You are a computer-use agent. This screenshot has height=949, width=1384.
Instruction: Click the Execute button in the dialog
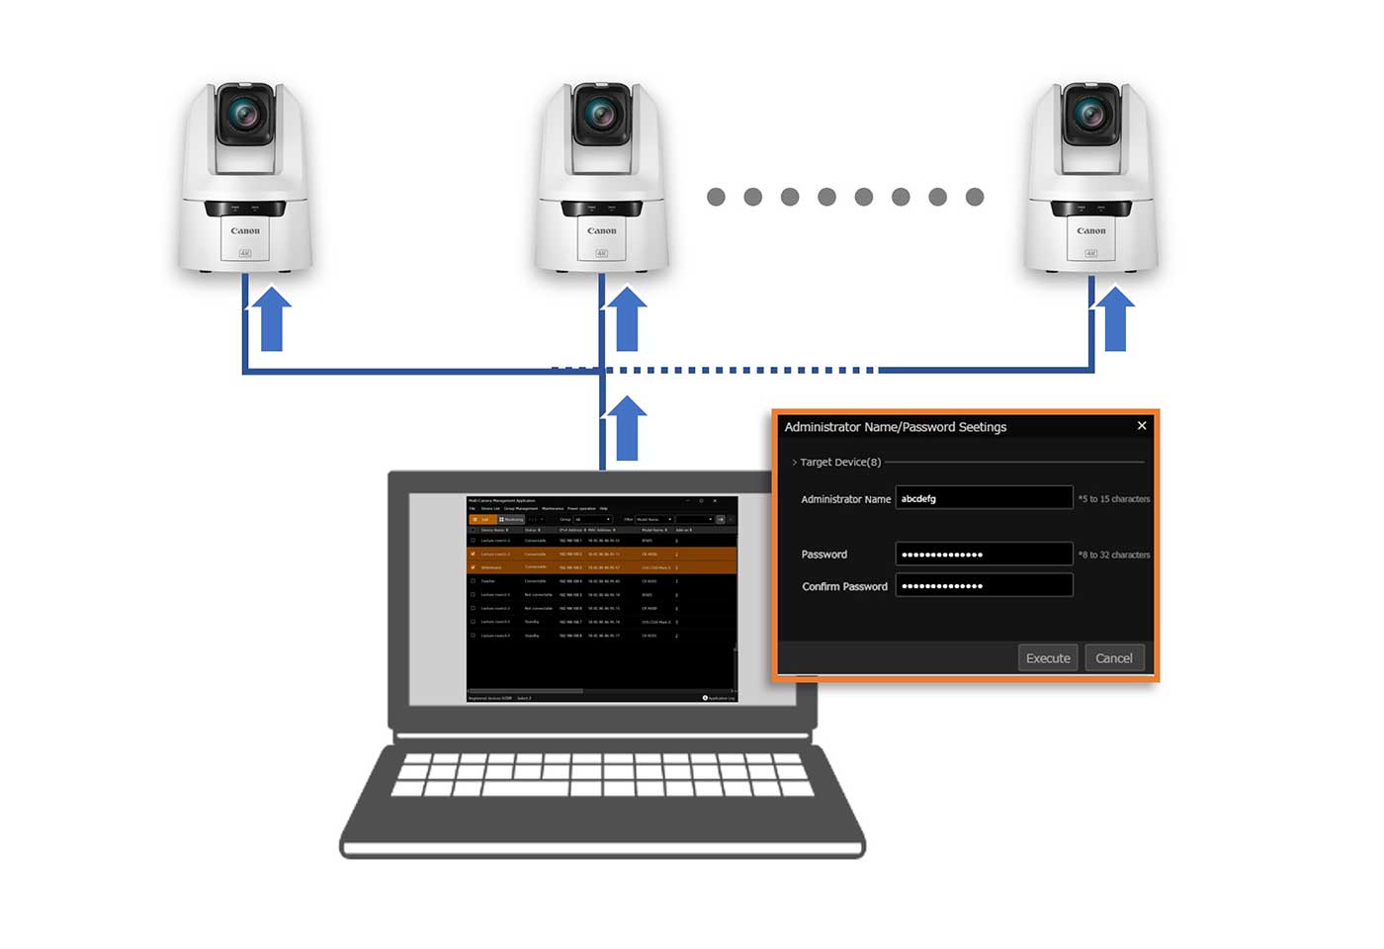[1048, 658]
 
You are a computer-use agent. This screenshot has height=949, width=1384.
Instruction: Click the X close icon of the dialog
[1142, 426]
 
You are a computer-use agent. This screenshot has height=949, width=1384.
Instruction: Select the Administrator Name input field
[984, 498]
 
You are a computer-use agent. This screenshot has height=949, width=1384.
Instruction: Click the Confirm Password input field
[984, 586]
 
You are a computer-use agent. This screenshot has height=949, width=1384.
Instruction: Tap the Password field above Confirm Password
[984, 555]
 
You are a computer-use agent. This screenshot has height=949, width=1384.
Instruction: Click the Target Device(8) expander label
[839, 463]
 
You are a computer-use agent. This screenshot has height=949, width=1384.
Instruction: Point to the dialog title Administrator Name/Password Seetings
[895, 427]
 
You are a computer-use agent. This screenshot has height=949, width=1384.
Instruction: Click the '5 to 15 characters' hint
[1114, 499]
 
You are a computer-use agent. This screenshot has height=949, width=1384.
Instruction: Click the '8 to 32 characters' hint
[1114, 556]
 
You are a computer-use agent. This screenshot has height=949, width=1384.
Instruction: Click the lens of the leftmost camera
[244, 115]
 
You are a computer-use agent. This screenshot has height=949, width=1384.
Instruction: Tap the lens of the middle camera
[601, 115]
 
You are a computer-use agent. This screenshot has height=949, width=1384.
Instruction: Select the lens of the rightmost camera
[1090, 115]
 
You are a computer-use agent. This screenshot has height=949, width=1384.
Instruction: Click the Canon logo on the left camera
[245, 231]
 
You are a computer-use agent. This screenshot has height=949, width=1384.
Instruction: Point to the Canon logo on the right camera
[1091, 231]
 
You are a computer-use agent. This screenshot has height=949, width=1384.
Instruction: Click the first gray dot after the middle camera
[717, 198]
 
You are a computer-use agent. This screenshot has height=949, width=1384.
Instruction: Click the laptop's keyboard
[602, 775]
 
